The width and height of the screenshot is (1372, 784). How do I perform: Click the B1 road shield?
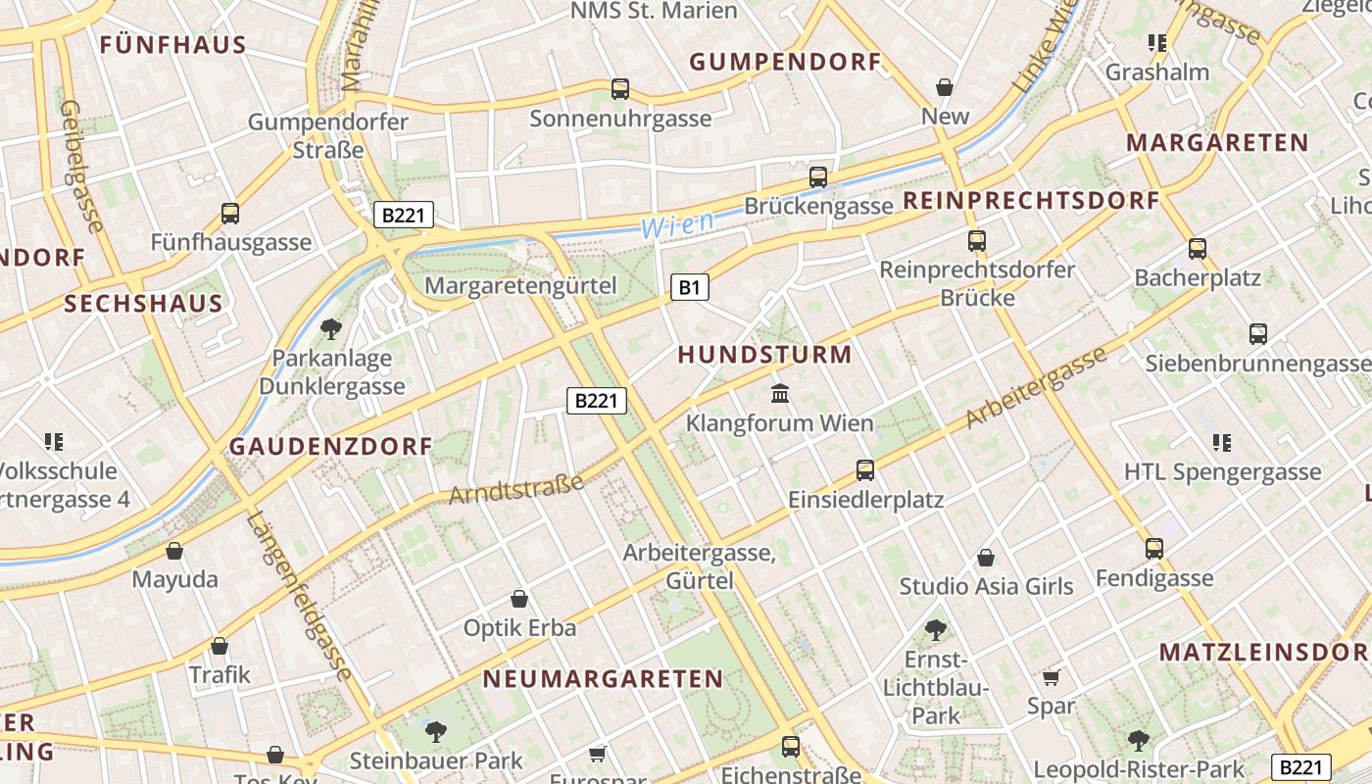coord(690,287)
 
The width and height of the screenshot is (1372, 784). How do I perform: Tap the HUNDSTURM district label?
coord(764,355)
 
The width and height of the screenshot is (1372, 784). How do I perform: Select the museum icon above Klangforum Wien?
coord(780,394)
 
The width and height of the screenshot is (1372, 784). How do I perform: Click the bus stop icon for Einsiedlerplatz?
coord(864,470)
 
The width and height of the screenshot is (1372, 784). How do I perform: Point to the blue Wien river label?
coord(677,224)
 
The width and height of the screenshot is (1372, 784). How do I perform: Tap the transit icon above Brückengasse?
coord(817,177)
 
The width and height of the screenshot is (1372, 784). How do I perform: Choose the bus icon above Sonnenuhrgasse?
coord(619,89)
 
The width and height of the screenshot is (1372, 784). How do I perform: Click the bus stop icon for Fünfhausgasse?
coord(230,214)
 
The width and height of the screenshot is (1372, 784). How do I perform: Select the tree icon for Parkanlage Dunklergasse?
coord(331,328)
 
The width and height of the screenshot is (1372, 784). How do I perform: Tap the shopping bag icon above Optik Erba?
coord(519,599)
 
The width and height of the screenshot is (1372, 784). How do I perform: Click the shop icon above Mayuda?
coord(174,551)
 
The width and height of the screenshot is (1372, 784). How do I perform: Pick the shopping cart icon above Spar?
coord(1052,677)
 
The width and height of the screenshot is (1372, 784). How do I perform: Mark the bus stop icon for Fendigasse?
coord(1154,549)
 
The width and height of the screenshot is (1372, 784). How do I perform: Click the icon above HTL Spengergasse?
coord(1221,443)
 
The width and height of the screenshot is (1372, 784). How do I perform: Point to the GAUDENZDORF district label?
coord(330,447)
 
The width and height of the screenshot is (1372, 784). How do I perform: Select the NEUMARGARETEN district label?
coord(603,679)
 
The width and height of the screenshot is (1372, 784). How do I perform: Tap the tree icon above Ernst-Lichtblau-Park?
coord(935,629)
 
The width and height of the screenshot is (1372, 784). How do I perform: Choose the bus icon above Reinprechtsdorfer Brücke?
coord(976,241)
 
